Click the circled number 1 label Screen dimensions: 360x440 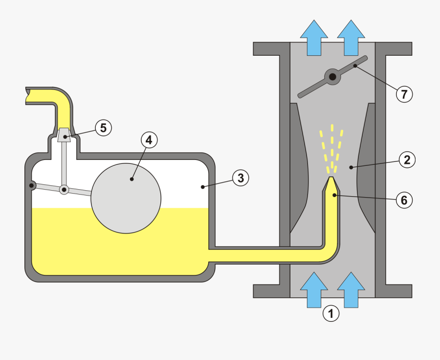[331, 313]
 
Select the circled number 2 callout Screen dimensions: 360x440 [407, 159]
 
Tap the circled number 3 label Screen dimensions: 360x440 [240, 178]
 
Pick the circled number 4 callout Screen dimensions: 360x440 [149, 140]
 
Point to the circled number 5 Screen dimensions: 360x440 [103, 128]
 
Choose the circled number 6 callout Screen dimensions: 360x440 [404, 200]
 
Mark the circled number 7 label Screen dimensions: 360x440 [404, 94]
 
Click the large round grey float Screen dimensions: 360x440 [126, 198]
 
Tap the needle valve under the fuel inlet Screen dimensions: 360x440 [64, 135]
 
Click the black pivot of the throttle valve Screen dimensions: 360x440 [332, 77]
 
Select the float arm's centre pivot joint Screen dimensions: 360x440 [64, 189]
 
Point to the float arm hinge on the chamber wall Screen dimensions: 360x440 [32, 185]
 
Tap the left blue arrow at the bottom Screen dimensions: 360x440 [314, 290]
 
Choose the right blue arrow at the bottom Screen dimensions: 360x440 [351, 290]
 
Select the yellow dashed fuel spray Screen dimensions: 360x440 [331, 147]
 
